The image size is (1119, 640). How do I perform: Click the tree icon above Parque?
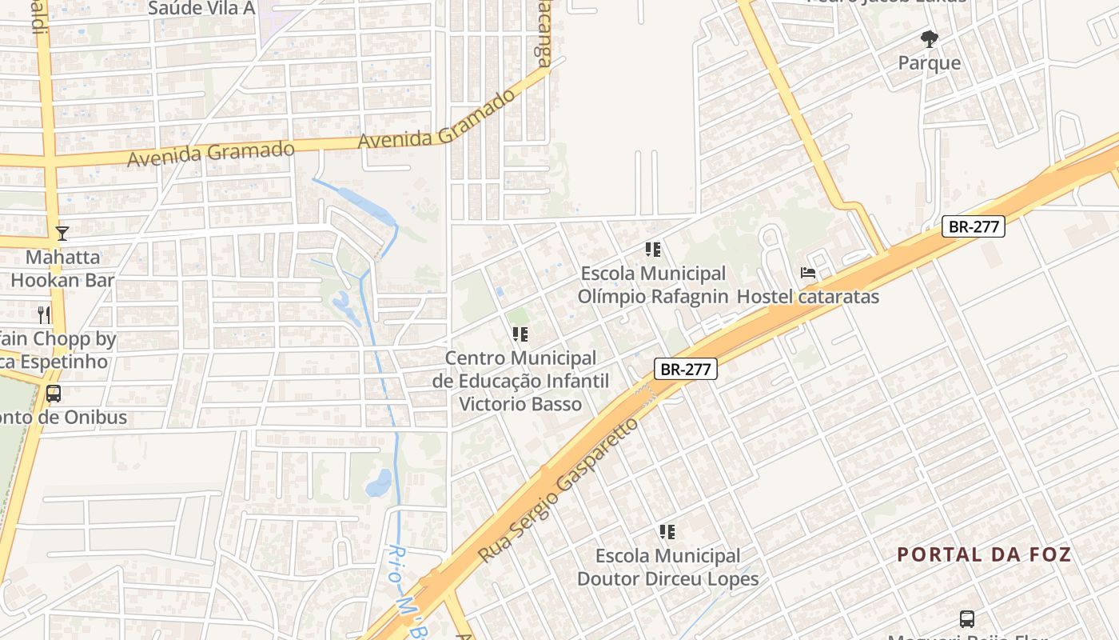tap(929, 38)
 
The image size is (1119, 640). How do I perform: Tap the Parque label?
tap(929, 62)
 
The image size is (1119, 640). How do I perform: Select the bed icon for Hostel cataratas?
tap(808, 273)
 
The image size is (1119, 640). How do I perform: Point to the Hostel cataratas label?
tap(807, 297)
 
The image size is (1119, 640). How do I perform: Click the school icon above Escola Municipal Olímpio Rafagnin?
tap(653, 250)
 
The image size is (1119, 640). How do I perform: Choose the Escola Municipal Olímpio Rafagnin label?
tap(653, 285)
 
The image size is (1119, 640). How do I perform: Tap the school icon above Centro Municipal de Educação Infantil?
tap(520, 334)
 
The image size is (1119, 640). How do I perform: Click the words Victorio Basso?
tap(520, 403)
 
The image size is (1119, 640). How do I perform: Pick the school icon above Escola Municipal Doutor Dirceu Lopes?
tap(667, 532)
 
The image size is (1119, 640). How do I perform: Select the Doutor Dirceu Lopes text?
tap(667, 578)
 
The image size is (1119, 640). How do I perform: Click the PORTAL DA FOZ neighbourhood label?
tap(983, 554)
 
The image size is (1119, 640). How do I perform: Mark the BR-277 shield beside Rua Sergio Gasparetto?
tap(685, 369)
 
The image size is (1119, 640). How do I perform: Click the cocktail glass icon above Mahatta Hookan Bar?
tap(62, 234)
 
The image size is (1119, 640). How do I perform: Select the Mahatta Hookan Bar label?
tap(62, 269)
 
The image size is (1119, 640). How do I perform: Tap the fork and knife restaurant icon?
tap(45, 314)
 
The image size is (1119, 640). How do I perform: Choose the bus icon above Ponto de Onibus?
tap(54, 394)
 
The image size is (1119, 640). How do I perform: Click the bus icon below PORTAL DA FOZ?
tap(967, 618)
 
